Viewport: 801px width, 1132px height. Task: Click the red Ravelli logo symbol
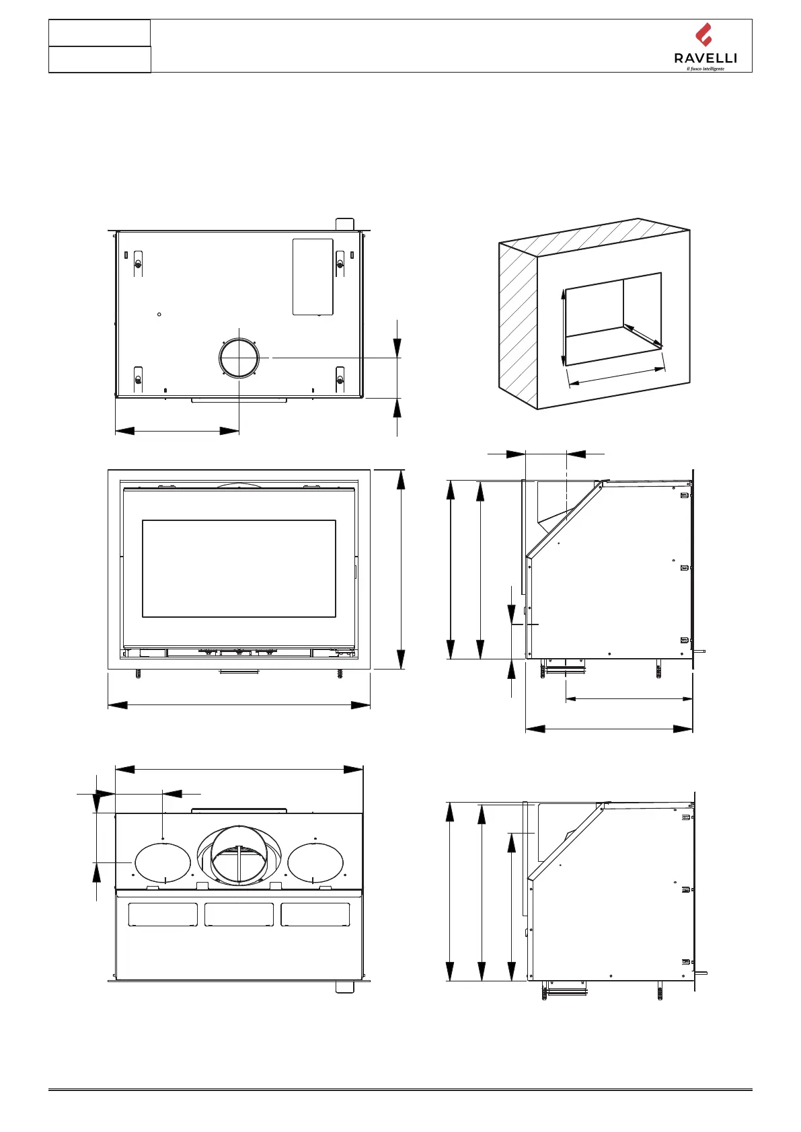pos(703,35)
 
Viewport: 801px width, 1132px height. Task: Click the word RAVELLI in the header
pos(705,58)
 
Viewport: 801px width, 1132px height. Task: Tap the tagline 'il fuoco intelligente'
pos(705,69)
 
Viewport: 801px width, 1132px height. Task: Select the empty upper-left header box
pos(100,33)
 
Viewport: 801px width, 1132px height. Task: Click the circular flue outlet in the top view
pos(238,358)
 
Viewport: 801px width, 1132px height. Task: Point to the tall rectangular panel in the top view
pos(313,276)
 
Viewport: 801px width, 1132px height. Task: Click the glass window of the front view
pos(239,568)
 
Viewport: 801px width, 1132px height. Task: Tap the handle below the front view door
pos(239,672)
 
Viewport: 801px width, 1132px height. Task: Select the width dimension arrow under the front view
pos(239,705)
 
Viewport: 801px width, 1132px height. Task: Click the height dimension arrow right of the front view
pos(401,569)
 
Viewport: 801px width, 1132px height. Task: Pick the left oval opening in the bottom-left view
pos(163,862)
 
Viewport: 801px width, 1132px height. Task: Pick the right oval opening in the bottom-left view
pos(315,862)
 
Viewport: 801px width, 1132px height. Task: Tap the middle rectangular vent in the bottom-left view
pos(239,915)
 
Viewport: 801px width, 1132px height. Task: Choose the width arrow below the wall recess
pos(617,376)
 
